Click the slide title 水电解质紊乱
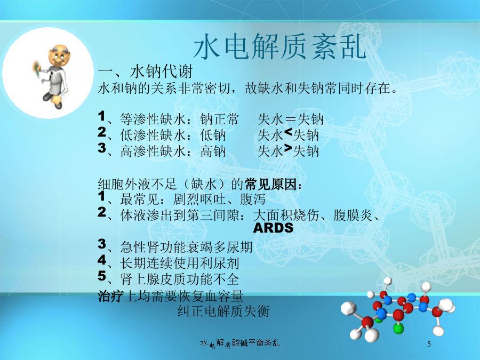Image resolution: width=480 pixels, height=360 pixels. (x=280, y=46)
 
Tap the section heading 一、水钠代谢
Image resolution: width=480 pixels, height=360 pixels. (x=145, y=71)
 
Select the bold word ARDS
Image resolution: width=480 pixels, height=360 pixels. (x=274, y=228)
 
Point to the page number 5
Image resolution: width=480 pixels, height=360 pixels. (x=429, y=344)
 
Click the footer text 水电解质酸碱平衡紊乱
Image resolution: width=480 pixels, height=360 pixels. (x=240, y=343)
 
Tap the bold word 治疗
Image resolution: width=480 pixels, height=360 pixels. (x=111, y=296)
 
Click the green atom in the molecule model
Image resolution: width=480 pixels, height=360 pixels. (x=398, y=329)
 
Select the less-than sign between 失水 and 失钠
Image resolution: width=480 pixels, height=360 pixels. (x=289, y=132)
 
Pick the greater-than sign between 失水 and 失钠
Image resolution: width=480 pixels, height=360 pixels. (x=289, y=148)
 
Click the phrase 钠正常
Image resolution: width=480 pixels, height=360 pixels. (x=219, y=119)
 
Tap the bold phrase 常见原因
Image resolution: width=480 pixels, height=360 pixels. (x=270, y=185)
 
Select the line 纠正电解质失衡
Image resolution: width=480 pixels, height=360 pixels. (x=224, y=311)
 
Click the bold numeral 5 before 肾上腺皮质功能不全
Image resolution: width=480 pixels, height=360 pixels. (x=102, y=276)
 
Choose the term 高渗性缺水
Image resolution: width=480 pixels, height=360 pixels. (x=153, y=151)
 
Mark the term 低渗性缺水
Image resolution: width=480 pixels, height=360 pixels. (x=153, y=135)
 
